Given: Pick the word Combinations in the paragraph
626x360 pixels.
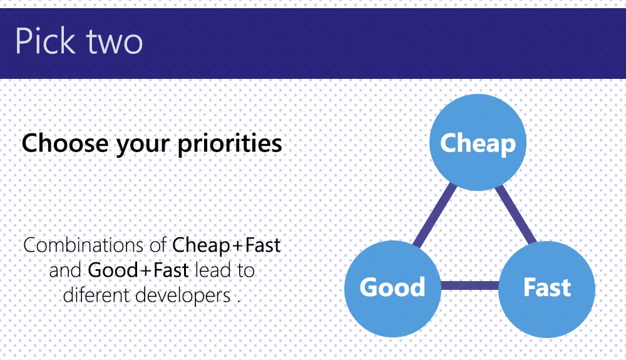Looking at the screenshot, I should pos(86,245).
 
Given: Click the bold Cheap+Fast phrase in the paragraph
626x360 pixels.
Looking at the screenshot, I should pos(227,245).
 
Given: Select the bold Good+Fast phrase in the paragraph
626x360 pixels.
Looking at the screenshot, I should pos(139,270).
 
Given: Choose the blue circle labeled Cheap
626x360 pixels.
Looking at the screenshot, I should pos(478,143).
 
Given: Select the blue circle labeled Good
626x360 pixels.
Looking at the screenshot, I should pos(393,287).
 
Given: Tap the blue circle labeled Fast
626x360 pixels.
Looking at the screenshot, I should pos(546,287).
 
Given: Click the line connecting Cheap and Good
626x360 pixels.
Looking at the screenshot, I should pos(434,215).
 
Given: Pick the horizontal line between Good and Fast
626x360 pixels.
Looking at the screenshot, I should pos(469,287).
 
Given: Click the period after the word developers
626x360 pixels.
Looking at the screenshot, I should pos(239,300).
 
